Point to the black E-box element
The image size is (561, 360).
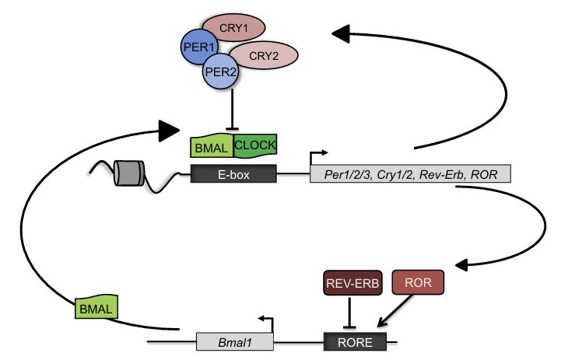[233, 173]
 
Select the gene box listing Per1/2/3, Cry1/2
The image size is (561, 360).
[410, 173]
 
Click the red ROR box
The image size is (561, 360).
[419, 283]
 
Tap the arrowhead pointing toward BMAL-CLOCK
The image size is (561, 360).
[170, 130]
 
